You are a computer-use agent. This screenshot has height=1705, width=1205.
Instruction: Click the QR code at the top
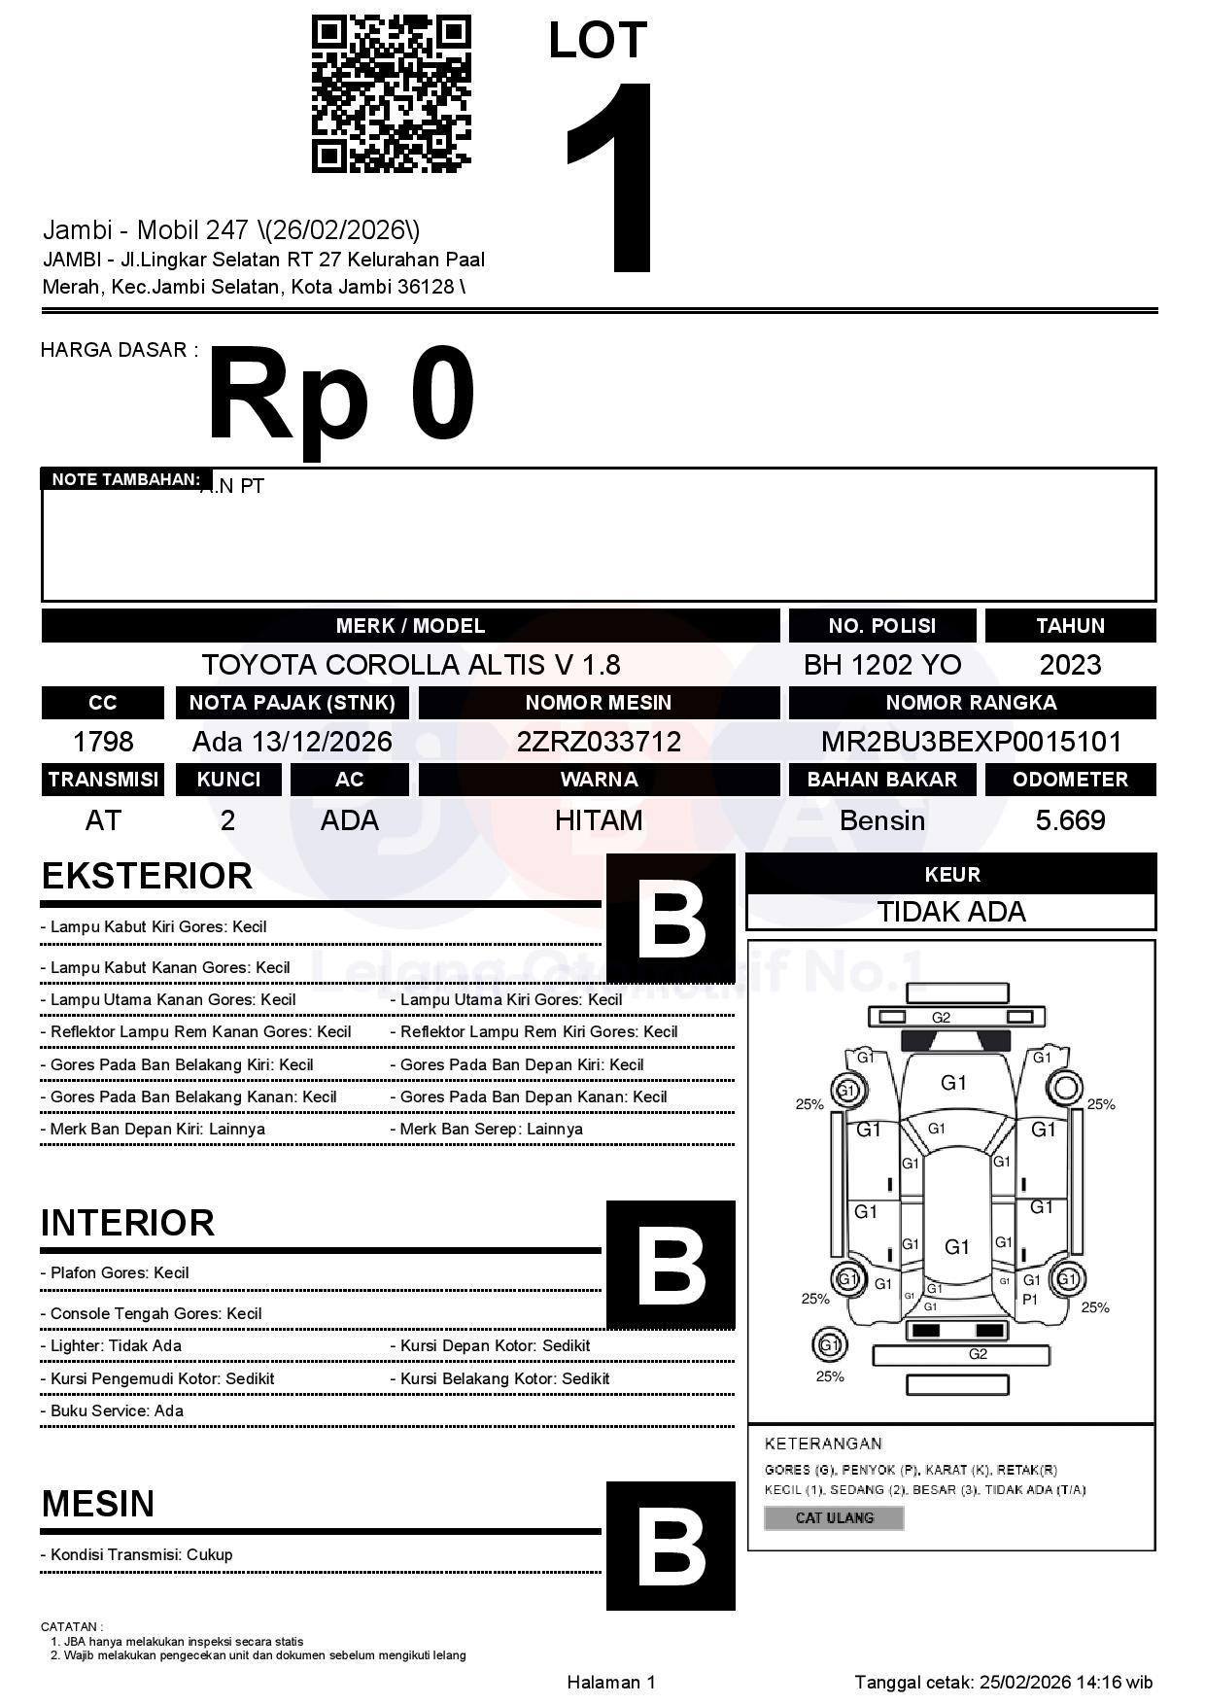pyautogui.click(x=391, y=93)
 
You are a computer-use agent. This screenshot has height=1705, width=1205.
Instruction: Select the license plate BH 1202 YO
pyautogui.click(x=881, y=665)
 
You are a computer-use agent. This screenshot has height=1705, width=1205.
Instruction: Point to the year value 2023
pyautogui.click(x=1070, y=665)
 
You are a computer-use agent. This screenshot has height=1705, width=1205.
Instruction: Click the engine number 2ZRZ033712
pyautogui.click(x=599, y=742)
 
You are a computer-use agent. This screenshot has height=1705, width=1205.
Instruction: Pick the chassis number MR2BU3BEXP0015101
pyautogui.click(x=971, y=742)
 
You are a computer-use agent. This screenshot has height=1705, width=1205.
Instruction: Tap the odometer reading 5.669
pyautogui.click(x=1070, y=820)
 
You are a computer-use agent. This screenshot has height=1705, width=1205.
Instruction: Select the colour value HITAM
pyautogui.click(x=599, y=820)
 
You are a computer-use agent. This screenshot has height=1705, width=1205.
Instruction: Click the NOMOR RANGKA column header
pyautogui.click(x=971, y=703)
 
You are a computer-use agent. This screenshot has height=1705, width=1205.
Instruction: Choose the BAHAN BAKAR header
pyautogui.click(x=881, y=780)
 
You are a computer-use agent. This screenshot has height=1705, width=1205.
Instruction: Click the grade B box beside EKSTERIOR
pyautogui.click(x=671, y=918)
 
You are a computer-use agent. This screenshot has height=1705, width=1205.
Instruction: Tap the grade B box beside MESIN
pyautogui.click(x=671, y=1546)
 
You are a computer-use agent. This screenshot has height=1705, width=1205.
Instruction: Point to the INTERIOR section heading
pyautogui.click(x=127, y=1223)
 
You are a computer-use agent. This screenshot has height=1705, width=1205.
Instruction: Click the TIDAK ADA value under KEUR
pyautogui.click(x=951, y=912)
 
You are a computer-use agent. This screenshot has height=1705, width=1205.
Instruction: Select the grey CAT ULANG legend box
pyautogui.click(x=834, y=1517)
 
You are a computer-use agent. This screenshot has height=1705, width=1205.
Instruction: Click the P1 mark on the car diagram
pyautogui.click(x=1030, y=1300)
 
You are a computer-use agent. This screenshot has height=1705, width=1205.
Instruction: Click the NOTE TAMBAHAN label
pyautogui.click(x=125, y=479)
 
